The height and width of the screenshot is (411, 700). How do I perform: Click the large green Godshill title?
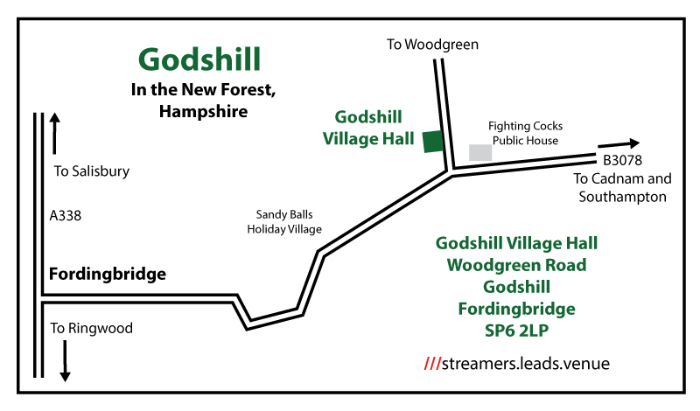click(x=199, y=59)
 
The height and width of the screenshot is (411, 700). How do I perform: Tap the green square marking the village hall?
click(x=432, y=142)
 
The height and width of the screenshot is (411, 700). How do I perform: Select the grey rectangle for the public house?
click(x=480, y=152)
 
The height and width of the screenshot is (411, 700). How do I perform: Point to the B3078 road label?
click(x=622, y=160)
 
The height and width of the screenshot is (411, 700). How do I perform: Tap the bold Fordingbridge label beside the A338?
click(x=108, y=274)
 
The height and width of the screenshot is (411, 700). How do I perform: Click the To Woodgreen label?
click(x=433, y=44)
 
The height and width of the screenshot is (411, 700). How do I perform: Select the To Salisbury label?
click(x=91, y=171)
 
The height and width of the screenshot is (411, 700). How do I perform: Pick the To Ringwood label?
click(x=91, y=328)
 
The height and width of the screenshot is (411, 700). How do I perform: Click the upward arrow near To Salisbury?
click(x=54, y=131)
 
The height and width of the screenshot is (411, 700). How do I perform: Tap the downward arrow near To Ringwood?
click(x=65, y=360)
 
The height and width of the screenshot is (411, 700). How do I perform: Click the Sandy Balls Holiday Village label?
click(x=284, y=221)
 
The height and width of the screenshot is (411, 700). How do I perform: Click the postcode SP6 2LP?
click(x=516, y=331)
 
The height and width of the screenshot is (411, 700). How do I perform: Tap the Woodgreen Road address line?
click(x=516, y=265)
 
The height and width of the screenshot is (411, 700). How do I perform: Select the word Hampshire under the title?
click(x=203, y=111)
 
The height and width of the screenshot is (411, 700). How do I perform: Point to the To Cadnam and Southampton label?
click(x=622, y=188)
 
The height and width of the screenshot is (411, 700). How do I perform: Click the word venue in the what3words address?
click(x=586, y=362)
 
